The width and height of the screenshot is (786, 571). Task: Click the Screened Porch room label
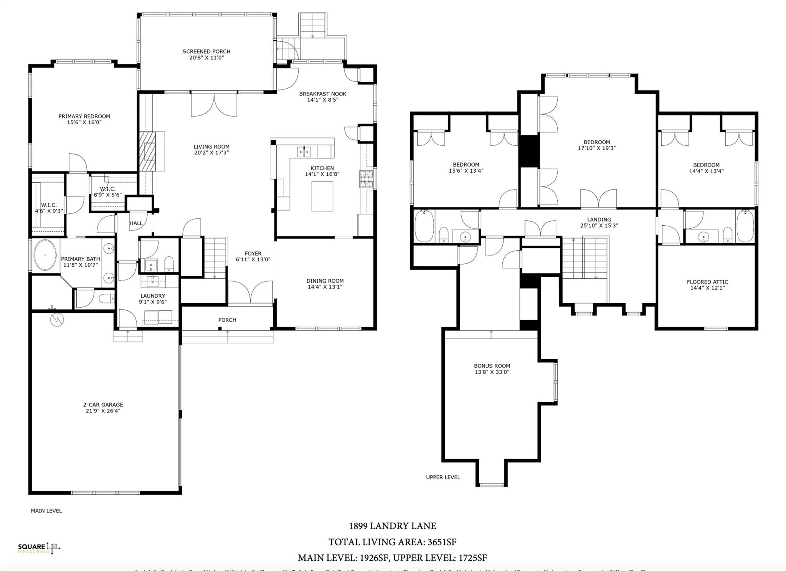tap(206, 51)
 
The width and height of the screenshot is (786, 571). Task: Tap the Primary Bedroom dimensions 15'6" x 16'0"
tap(84, 122)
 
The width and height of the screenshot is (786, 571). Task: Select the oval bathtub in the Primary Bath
tap(45, 255)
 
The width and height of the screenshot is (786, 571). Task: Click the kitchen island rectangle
tap(322, 196)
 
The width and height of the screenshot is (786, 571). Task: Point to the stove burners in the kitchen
tap(366, 179)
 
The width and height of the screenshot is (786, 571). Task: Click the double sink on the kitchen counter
tap(304, 152)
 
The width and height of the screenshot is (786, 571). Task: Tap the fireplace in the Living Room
tap(147, 151)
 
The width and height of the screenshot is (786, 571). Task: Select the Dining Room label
tap(325, 281)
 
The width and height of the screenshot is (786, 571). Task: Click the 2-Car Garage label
tap(103, 404)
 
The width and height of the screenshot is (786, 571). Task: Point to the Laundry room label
tap(152, 296)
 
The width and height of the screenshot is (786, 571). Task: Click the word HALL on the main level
tap(136, 223)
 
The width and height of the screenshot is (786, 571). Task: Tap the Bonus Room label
tap(492, 366)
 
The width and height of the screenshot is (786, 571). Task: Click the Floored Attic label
tap(707, 282)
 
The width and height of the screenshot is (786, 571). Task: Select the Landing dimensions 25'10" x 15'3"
tap(599, 226)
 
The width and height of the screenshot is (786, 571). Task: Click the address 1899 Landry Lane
tap(392, 526)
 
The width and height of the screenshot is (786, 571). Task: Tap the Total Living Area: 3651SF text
tap(392, 542)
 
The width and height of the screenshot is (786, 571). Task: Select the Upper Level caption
tap(443, 477)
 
